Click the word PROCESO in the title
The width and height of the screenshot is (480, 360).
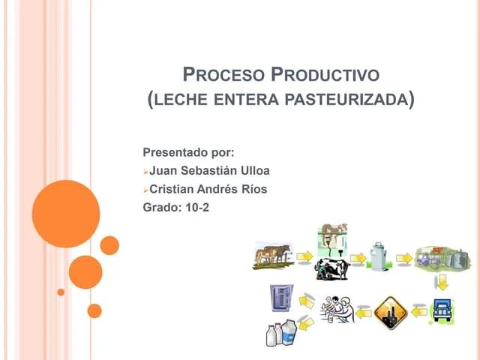[x=223, y=75]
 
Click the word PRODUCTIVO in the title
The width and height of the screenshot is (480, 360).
[x=325, y=75]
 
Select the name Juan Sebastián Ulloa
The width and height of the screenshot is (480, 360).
[x=209, y=170]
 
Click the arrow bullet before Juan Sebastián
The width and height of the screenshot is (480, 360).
[x=145, y=171]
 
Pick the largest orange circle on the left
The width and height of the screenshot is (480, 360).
[x=66, y=214]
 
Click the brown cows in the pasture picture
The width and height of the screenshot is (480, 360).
[x=272, y=254]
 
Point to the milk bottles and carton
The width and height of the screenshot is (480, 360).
[x=282, y=331]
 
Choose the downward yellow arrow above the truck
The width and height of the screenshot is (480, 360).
[x=442, y=282]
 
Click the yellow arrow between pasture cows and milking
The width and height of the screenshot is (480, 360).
[x=304, y=257]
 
